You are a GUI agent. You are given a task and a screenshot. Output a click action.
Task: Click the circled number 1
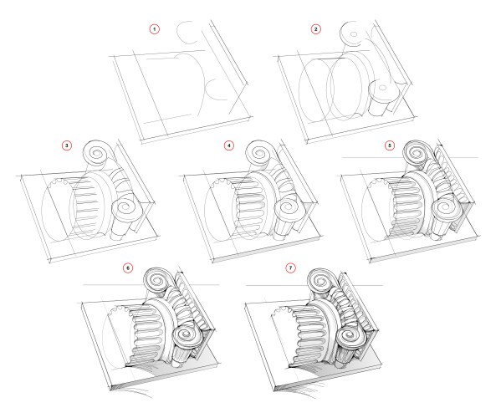tap(155, 29)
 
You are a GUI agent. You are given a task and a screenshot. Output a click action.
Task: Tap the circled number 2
tap(315, 29)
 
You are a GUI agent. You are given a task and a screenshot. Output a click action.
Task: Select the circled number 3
tap(66, 146)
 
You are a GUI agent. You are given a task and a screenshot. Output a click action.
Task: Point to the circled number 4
tap(228, 146)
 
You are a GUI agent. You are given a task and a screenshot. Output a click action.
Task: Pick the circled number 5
tap(389, 146)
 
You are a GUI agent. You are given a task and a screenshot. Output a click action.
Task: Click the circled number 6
tap(128, 268)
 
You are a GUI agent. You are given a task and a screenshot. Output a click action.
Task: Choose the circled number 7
tap(290, 268)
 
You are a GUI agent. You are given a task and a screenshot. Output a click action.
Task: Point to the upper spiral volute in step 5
tap(418, 153)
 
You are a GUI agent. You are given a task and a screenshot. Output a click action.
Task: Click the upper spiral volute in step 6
tap(159, 280)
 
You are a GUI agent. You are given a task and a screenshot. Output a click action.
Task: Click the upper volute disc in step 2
tap(352, 33)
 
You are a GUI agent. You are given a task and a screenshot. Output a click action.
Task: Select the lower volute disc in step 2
tap(382, 89)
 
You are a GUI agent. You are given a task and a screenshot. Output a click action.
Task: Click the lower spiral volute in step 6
tap(187, 336)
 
